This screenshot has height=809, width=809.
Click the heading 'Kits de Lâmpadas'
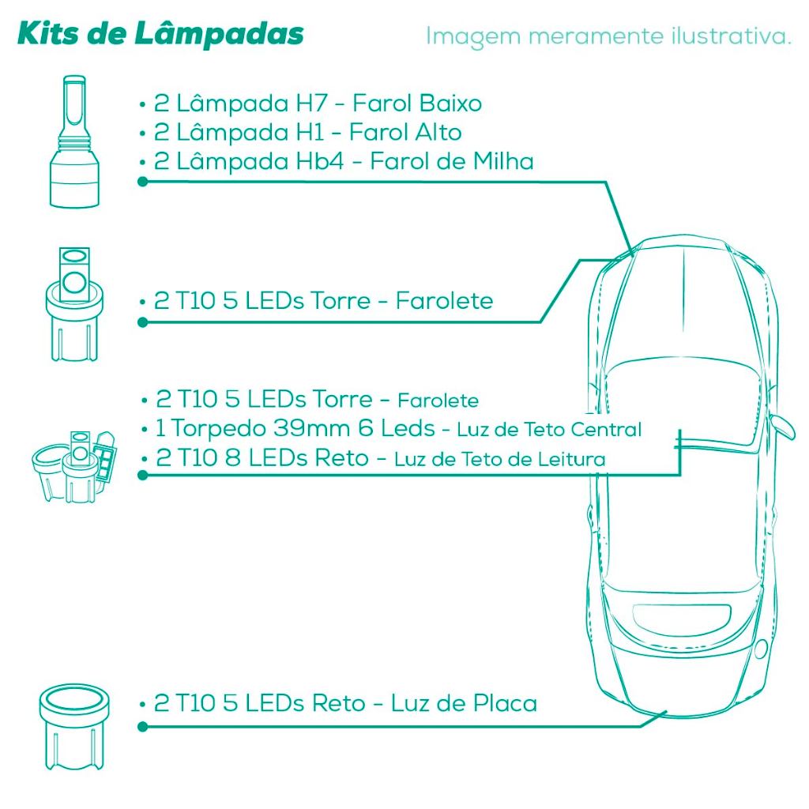pos(160,34)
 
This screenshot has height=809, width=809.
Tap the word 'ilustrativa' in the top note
pos(727,36)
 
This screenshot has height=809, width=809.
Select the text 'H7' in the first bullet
pos(311,103)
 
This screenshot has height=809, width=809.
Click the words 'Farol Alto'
pos(405,132)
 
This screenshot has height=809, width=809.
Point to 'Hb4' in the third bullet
pos(319,161)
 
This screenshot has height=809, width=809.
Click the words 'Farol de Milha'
pos(451,161)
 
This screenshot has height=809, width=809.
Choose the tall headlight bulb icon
pos(73,141)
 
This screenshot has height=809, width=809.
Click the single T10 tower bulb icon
pos(74,304)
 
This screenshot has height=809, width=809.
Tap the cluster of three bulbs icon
pos(74,466)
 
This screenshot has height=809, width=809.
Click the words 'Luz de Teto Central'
pos(549,429)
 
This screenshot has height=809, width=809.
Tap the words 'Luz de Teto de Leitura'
pos(499,459)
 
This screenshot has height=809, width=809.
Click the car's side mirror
pos(781,427)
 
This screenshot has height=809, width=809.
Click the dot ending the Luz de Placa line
pos(143,727)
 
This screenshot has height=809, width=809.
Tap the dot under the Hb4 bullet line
pos(143,182)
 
